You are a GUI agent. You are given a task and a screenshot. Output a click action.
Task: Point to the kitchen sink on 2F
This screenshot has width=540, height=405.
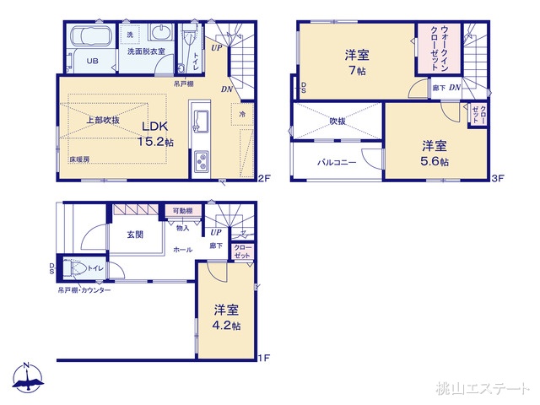[200, 121]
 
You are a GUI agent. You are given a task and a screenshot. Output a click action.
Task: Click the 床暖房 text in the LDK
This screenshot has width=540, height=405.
[80, 159]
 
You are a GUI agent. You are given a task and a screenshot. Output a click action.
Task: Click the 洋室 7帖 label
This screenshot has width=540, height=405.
[356, 62]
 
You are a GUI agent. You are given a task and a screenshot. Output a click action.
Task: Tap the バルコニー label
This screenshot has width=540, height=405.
[337, 161]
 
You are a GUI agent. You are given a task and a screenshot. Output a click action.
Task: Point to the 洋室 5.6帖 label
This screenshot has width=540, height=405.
[435, 152]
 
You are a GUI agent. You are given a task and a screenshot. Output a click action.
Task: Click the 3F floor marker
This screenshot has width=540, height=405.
[498, 177]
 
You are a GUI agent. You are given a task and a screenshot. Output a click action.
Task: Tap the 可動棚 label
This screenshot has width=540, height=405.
[182, 212]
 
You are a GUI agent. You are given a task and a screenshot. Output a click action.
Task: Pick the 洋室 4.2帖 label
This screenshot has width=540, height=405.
[226, 317]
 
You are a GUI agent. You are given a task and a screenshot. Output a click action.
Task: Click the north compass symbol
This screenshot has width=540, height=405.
[27, 380]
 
